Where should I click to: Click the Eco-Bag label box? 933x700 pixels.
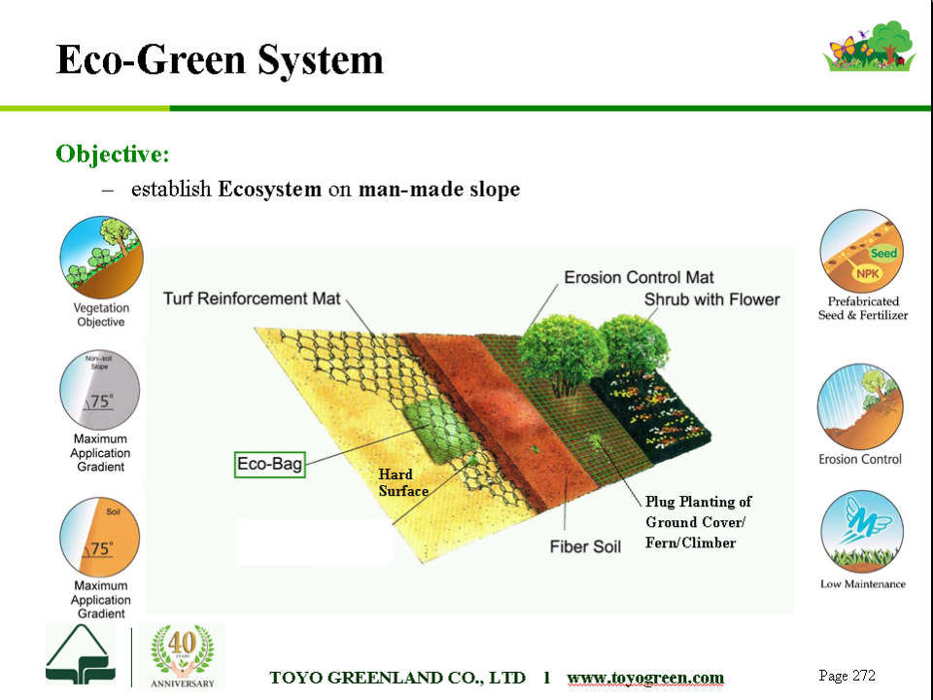tap(269, 465)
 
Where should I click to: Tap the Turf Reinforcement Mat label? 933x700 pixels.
tap(252, 298)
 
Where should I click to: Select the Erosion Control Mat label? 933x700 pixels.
tap(639, 277)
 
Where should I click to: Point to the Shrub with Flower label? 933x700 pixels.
tap(711, 299)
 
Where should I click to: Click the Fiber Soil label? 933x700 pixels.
tap(585, 546)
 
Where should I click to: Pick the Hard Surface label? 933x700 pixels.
tap(403, 483)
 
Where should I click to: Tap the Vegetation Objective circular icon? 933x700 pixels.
tap(101, 257)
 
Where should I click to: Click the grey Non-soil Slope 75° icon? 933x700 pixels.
tap(100, 389)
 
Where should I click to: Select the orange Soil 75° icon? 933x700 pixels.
tap(100, 537)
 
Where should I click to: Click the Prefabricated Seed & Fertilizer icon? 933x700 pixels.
tap(862, 251)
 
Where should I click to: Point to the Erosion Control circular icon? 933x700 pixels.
tap(860, 406)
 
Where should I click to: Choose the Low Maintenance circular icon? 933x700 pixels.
tap(862, 532)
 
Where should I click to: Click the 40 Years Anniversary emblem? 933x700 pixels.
tap(182, 656)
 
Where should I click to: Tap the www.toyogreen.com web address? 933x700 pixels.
tap(645, 678)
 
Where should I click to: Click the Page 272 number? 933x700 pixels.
tap(847, 676)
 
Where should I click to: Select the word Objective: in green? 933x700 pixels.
tap(113, 154)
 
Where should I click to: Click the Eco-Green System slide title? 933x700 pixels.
tap(220, 59)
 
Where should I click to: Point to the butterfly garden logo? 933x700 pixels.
tap(869, 47)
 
